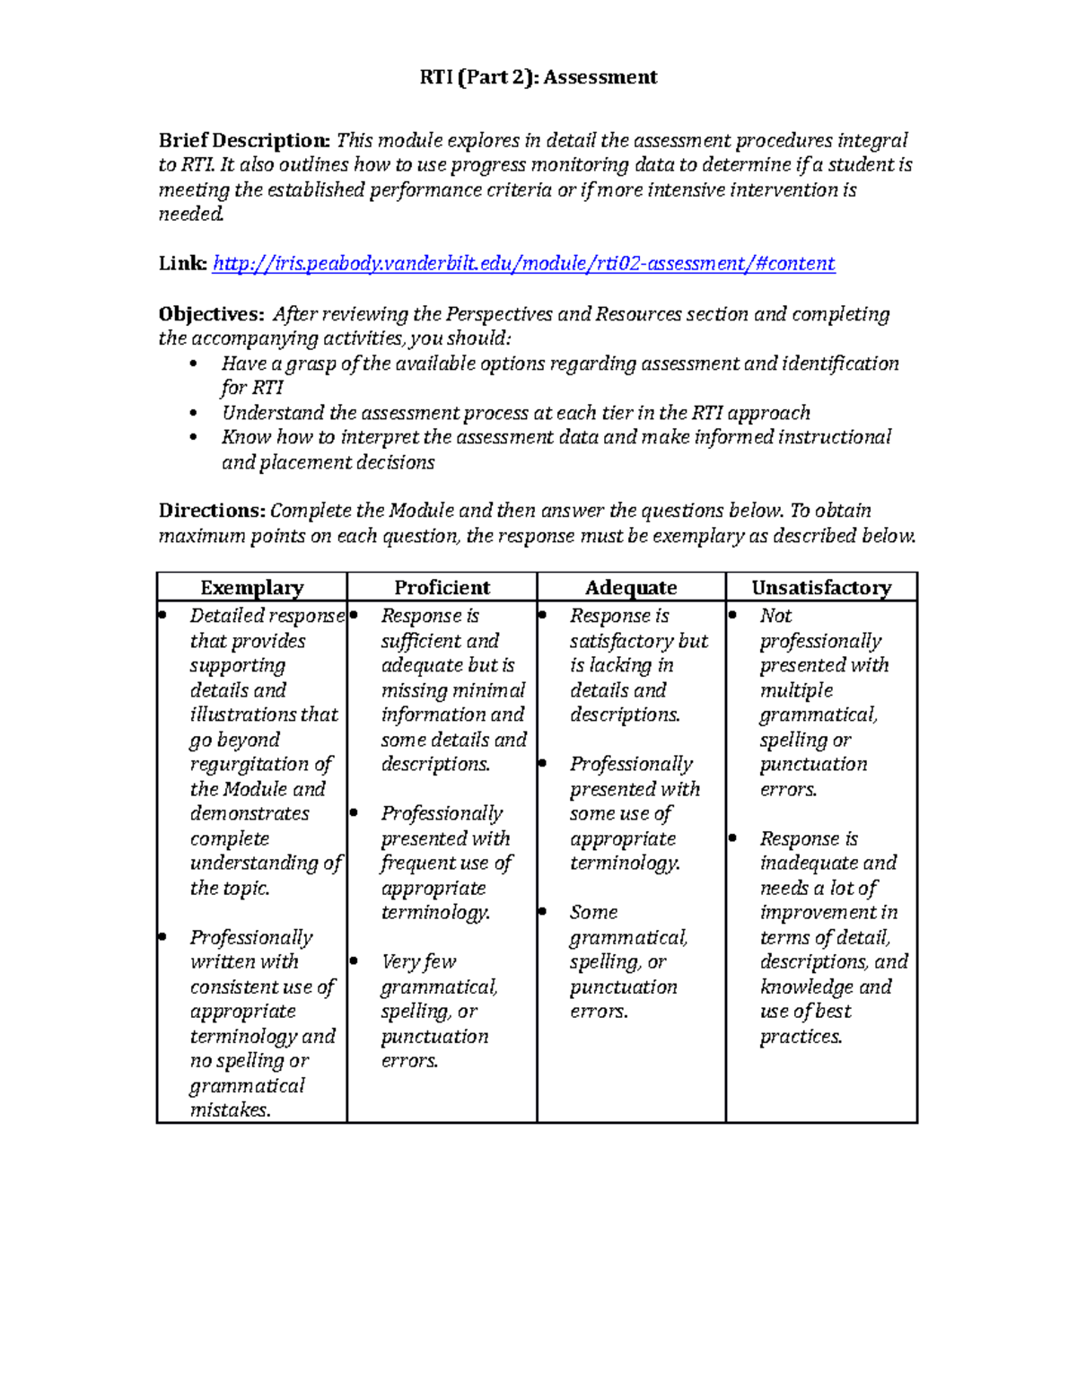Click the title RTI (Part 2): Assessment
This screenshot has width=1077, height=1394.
point(538,77)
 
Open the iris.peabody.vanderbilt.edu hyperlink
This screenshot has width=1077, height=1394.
point(524,263)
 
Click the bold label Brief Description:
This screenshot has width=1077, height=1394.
point(244,140)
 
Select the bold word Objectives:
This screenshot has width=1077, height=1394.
point(211,314)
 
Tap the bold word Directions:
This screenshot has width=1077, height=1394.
point(212,511)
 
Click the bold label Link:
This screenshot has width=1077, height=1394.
point(182,263)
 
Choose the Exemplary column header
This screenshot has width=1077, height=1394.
point(252,588)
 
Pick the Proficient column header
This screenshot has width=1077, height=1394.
point(442,588)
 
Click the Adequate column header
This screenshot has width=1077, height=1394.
point(631,588)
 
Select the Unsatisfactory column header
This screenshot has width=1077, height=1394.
point(821,588)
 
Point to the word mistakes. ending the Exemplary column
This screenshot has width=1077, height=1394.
point(230,1110)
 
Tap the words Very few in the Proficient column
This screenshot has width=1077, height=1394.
point(418,962)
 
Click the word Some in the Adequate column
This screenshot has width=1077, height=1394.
point(593,913)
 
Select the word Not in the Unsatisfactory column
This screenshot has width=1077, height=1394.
point(775,616)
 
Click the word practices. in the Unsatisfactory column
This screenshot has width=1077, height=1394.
point(801,1037)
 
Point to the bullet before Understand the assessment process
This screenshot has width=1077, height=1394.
point(193,414)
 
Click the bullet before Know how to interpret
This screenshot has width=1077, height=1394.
point(193,438)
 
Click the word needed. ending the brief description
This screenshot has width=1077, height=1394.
point(191,215)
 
